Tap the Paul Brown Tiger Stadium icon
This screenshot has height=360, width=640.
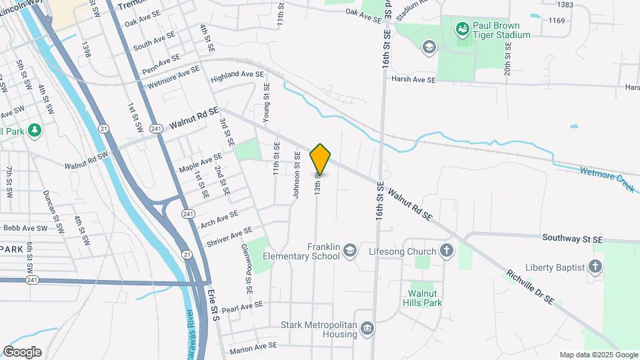461,29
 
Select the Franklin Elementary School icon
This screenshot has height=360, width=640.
349,251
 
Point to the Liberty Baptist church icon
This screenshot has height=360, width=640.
595,267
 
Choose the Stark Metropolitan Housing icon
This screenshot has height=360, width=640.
367,327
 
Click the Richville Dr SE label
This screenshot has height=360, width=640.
530,287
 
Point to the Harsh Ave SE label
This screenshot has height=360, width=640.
413,79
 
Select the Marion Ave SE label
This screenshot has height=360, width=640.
253,347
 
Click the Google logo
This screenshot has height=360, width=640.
22,352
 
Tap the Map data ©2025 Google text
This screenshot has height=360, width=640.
598,355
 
